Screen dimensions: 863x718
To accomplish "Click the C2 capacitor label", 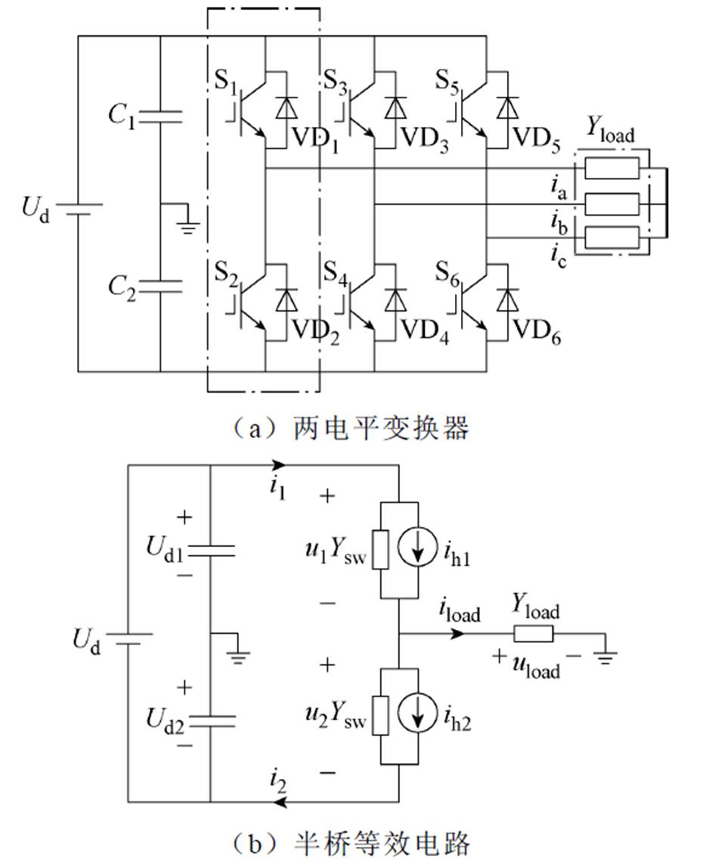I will point(123,287).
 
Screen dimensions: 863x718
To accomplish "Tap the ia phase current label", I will point(560,186).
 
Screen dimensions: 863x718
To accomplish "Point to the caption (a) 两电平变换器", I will point(351,428).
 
